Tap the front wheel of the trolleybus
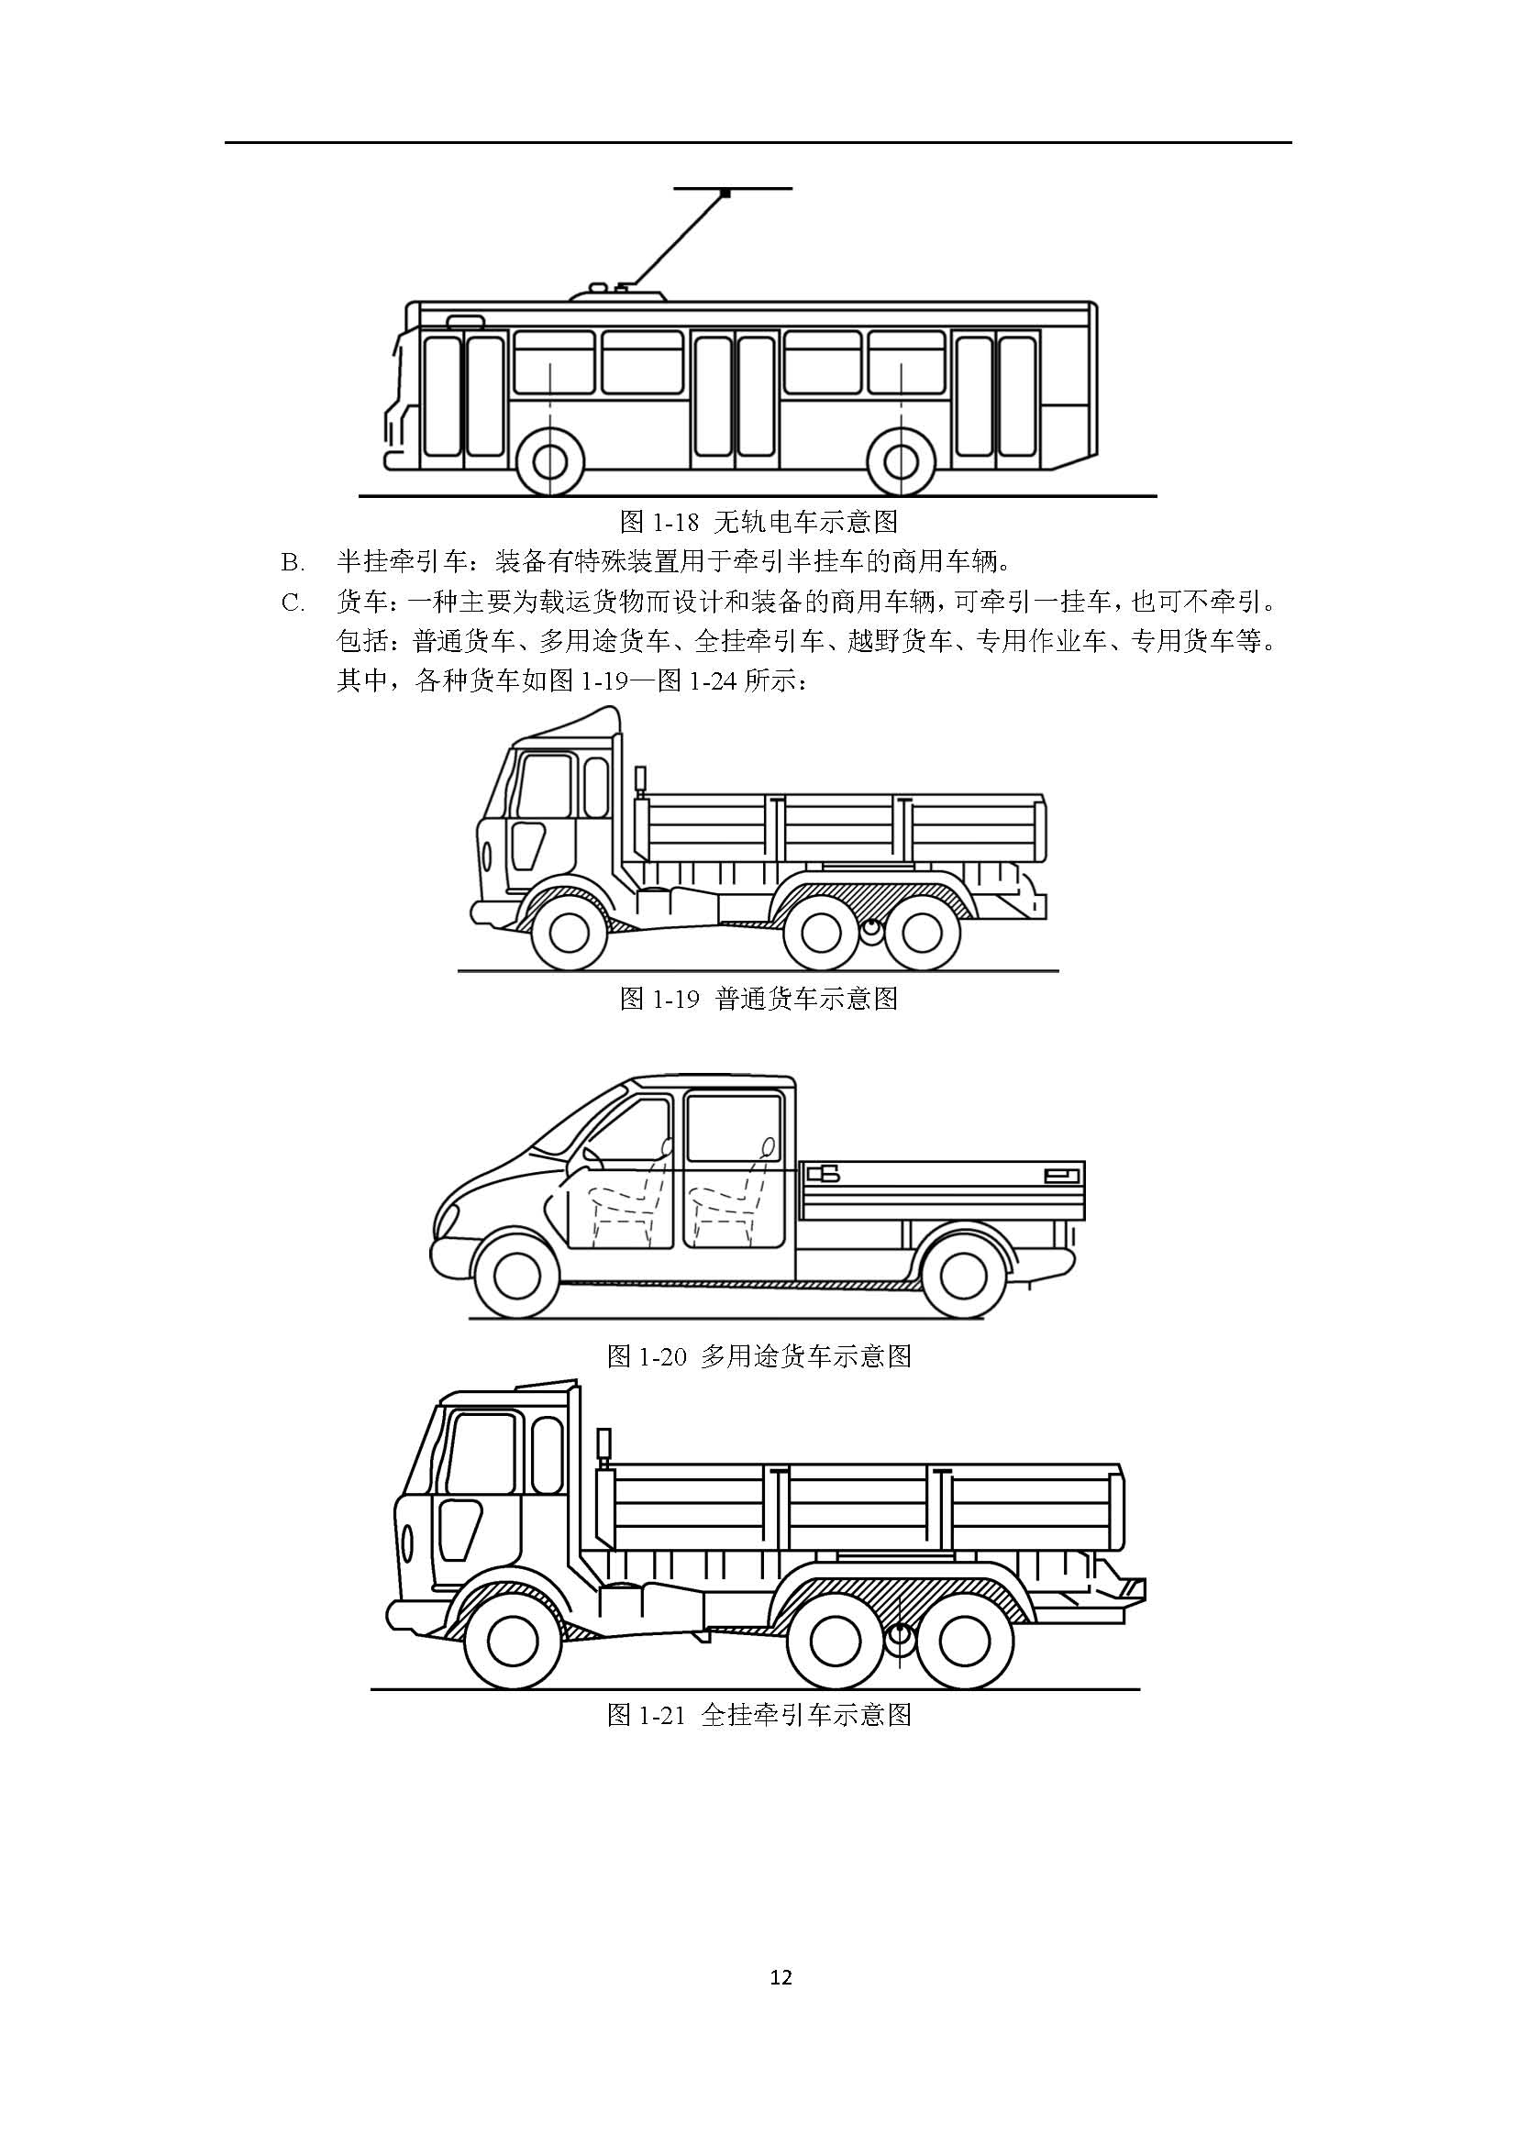[550, 460]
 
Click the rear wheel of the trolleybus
[901, 460]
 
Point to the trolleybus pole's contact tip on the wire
[725, 193]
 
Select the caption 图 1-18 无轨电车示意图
[758, 520]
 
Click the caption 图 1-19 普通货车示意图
[758, 999]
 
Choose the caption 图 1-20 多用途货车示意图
[758, 1355]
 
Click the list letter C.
[293, 603]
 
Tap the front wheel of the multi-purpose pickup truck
[517, 1273]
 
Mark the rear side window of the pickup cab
[734, 1129]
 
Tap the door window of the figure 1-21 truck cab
[482, 1454]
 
